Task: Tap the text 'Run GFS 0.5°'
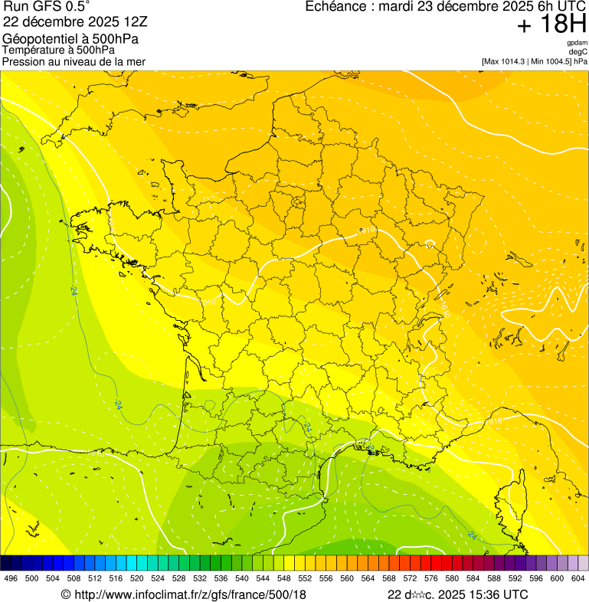[47, 7]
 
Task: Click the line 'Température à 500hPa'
[58, 50]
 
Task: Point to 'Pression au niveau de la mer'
[74, 61]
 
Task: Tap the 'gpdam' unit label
[577, 43]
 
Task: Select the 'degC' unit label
[578, 51]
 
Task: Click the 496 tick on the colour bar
[11, 578]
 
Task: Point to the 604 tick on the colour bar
[578, 578]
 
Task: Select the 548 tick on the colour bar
[283, 578]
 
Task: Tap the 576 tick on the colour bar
[430, 578]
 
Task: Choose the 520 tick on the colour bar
[136, 578]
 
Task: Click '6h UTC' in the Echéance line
[560, 7]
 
